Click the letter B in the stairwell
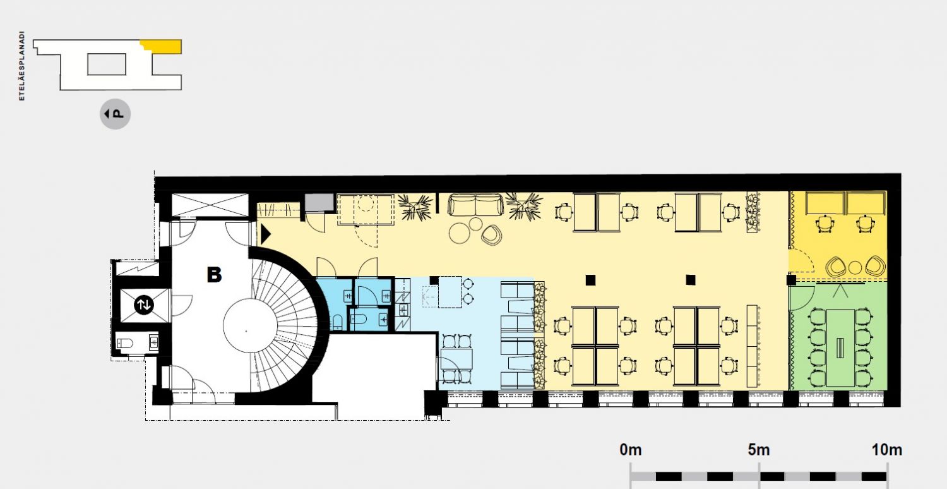pos(215,275)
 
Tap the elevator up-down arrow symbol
pos(144,304)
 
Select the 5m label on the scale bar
pos(758,450)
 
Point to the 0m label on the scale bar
pos(630,450)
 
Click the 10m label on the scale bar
pos(887,450)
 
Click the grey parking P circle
pos(115,114)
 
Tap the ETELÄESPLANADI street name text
pos(22,66)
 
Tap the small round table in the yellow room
pos(855,267)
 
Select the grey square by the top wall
pos(319,202)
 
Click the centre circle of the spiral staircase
pos(250,326)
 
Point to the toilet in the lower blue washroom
pos(359,320)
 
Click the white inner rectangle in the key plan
pos(107,64)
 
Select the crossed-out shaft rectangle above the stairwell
pos(210,205)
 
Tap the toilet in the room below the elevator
pos(125,342)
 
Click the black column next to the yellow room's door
pos(791,280)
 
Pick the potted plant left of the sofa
pos(415,207)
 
